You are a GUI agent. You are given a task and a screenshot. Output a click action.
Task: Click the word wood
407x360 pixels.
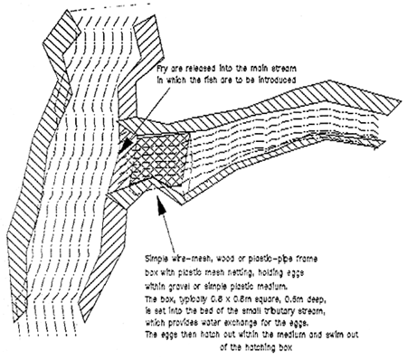tap(229, 259)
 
